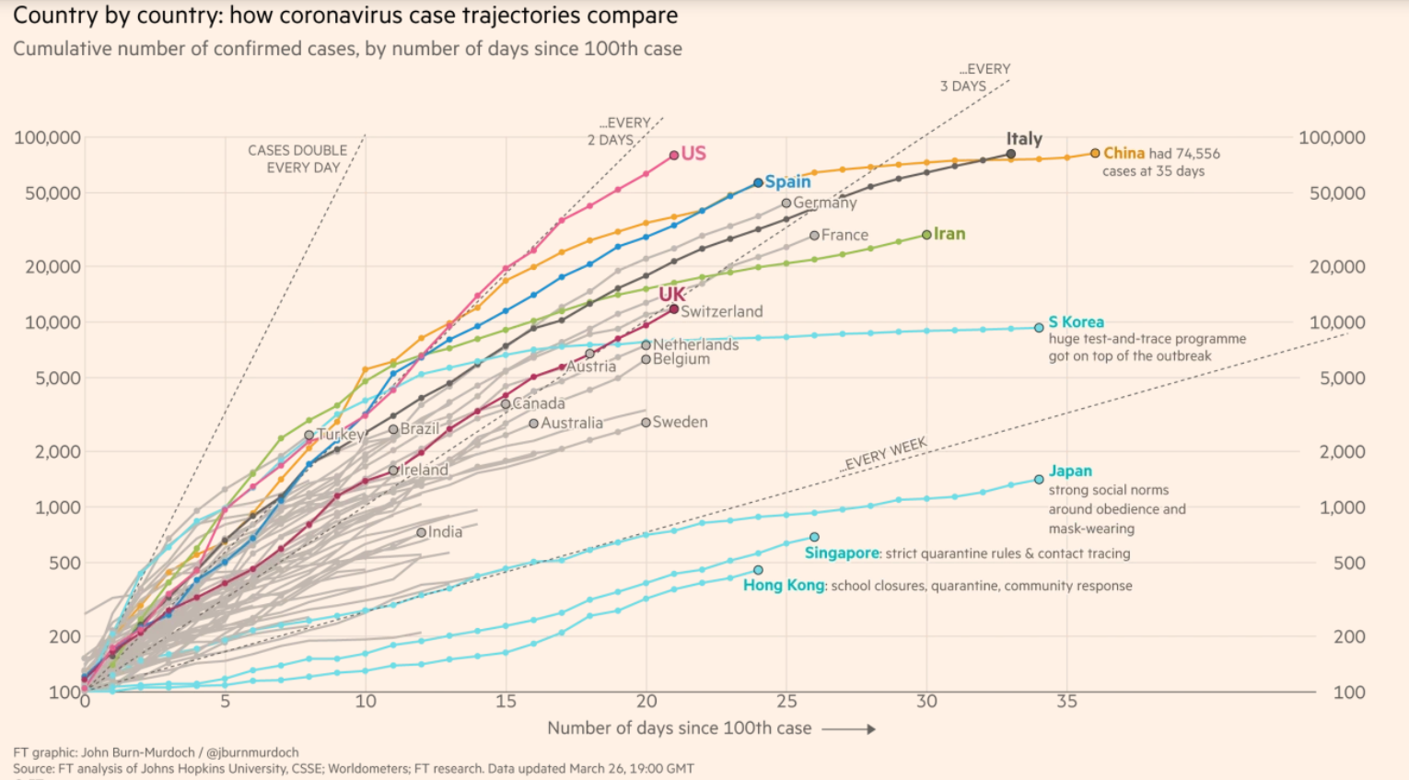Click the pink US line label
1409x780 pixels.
click(693, 154)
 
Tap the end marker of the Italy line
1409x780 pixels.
click(1010, 155)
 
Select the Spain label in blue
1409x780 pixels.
click(787, 181)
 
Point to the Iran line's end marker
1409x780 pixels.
click(926, 235)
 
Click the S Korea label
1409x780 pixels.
click(1076, 322)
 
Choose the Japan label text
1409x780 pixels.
click(1070, 471)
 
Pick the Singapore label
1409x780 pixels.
click(842, 553)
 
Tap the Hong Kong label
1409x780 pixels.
click(784, 585)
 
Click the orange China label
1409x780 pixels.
click(1124, 153)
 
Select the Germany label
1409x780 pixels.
click(824, 203)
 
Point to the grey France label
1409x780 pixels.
click(844, 235)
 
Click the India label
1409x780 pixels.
click(445, 532)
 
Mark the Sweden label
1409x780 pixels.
click(680, 422)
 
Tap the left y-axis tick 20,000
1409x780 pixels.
click(48, 267)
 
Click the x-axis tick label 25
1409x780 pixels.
click(786, 702)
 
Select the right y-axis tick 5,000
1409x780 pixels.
click(1342, 378)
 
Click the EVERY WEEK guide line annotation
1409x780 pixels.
click(885, 454)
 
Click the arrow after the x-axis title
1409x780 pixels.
click(848, 728)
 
